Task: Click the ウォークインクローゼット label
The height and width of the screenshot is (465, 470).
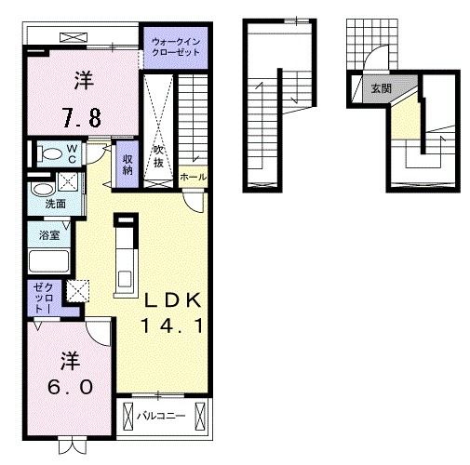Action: (176, 46)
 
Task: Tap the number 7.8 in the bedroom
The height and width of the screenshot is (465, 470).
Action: (82, 117)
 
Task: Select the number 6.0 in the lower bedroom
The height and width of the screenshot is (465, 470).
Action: (71, 387)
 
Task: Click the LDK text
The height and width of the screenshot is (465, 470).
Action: (173, 299)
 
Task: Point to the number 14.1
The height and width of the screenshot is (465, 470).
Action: (172, 325)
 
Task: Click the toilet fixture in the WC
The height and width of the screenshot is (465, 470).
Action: (49, 153)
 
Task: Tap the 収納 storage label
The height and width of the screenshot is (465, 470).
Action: (128, 165)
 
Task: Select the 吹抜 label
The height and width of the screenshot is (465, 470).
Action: (158, 156)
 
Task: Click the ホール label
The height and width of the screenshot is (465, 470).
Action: (193, 178)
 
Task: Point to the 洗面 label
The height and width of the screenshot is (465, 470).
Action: (56, 204)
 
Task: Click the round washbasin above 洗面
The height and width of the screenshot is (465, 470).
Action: (43, 189)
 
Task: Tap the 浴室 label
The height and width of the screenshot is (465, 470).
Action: (49, 235)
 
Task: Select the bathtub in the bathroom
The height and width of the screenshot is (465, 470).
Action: (48, 261)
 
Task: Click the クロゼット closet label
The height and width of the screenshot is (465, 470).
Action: (43, 299)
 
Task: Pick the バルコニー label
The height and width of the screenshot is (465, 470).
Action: (161, 416)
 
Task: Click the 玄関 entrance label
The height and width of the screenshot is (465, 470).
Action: (382, 88)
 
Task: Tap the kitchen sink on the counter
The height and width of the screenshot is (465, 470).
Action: (126, 278)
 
